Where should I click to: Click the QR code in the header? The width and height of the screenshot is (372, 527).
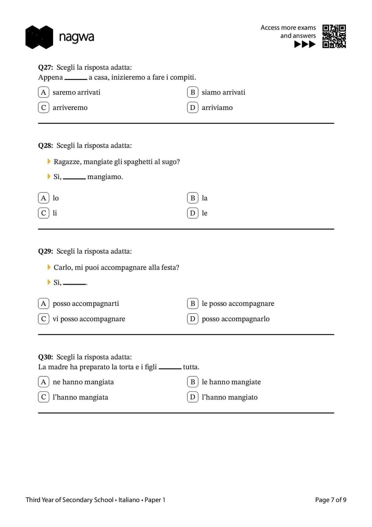pyautogui.click(x=334, y=36)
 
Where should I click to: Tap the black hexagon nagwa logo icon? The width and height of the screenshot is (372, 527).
pyautogui.click(x=39, y=37)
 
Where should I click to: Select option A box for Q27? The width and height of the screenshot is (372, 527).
pyautogui.click(x=43, y=92)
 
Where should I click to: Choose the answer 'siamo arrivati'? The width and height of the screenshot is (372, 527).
pyautogui.click(x=223, y=92)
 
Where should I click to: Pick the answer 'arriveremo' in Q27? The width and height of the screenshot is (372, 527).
pyautogui.click(x=70, y=108)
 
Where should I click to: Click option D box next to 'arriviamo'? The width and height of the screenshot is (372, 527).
pyautogui.click(x=193, y=108)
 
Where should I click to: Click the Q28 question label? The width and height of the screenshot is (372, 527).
pyautogui.click(x=45, y=146)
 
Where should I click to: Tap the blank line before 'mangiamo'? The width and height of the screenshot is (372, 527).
pyautogui.click(x=74, y=178)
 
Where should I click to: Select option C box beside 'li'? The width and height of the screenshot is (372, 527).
pyautogui.click(x=43, y=213)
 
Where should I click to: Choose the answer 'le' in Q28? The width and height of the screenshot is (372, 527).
pyautogui.click(x=205, y=213)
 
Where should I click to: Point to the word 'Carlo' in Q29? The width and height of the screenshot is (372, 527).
pyautogui.click(x=63, y=268)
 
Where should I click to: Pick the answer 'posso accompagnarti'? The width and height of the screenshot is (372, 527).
pyautogui.click(x=86, y=304)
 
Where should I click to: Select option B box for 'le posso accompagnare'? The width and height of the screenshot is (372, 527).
pyautogui.click(x=193, y=304)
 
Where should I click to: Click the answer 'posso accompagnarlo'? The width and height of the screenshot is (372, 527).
pyautogui.click(x=236, y=319)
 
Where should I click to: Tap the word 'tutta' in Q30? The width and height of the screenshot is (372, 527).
pyautogui.click(x=191, y=367)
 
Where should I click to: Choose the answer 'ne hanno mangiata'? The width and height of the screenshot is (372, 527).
pyautogui.click(x=83, y=382)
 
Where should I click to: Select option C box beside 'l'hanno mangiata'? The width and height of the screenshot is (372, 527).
pyautogui.click(x=43, y=397)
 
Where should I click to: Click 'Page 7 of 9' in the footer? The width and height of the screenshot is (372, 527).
pyautogui.click(x=330, y=500)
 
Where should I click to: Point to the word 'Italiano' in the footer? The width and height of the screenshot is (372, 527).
pyautogui.click(x=129, y=500)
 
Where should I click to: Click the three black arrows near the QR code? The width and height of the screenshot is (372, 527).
pyautogui.click(x=305, y=44)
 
